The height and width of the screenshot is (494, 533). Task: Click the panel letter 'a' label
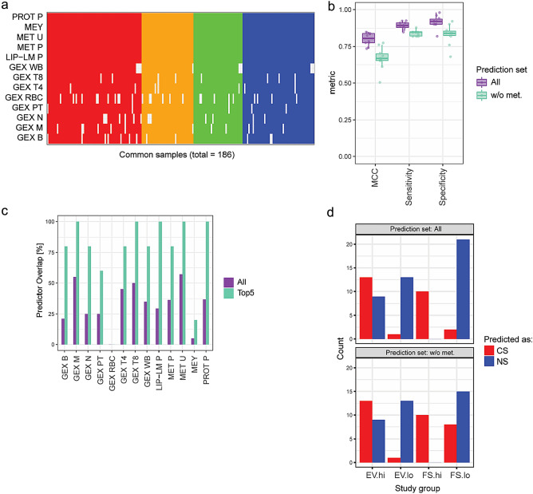coord(6,6)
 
